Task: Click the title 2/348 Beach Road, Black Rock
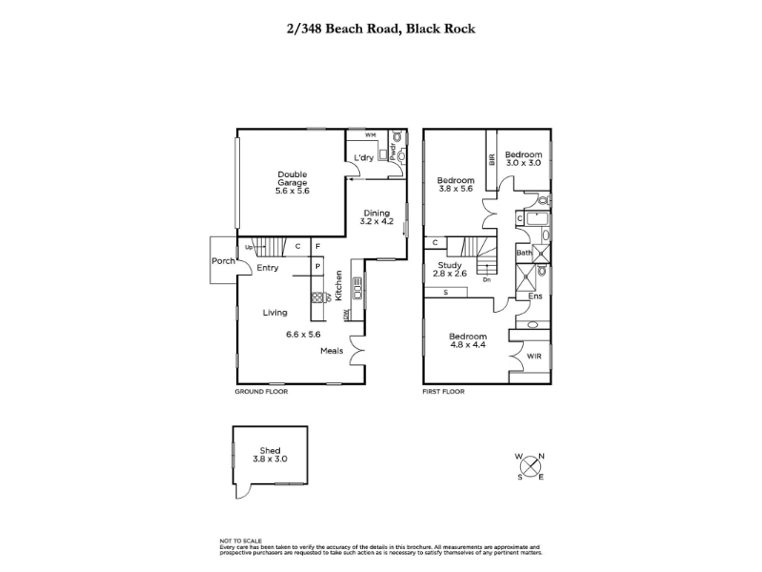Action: pos(381,29)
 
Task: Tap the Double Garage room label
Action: pos(292,182)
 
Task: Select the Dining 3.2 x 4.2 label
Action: pos(376,216)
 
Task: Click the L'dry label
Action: pos(363,158)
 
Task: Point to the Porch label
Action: pos(223,260)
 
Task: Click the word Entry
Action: pos(268,268)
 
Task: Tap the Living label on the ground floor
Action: pos(276,312)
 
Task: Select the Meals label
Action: pos(331,351)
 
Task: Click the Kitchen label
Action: pos(337,287)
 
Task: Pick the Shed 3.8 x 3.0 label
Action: pos(270,455)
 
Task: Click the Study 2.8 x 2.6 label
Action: pos(451,270)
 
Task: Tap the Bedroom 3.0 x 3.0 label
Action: pos(523,158)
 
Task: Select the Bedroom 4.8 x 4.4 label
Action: pos(468,341)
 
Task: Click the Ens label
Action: pos(535,297)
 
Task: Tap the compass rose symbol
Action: pos(531,465)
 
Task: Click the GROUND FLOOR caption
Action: pos(261,392)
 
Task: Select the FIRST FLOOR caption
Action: pos(444,392)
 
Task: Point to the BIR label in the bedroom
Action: pos(492,159)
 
